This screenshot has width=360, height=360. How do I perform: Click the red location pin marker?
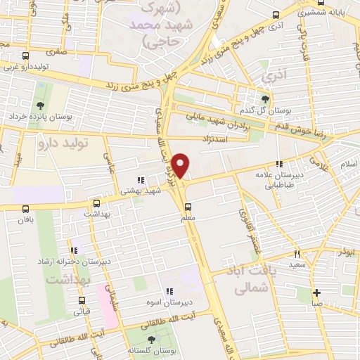pyautogui.click(x=181, y=165)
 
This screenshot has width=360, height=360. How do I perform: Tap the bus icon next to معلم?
pyautogui.click(x=188, y=207)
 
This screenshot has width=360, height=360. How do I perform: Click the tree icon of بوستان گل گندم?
pyautogui.click(x=265, y=99)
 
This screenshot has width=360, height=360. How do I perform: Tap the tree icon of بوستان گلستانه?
pyautogui.click(x=150, y=340)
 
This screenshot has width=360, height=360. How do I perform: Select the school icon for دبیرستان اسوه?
pyautogui.click(x=169, y=291)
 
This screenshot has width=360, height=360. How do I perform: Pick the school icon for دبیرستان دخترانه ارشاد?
pyautogui.click(x=75, y=250)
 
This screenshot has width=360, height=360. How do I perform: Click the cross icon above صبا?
pyautogui.click(x=317, y=292)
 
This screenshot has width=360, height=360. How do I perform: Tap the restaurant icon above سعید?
pyautogui.click(x=298, y=254)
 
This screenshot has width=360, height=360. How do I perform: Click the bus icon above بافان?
pyautogui.click(x=26, y=209)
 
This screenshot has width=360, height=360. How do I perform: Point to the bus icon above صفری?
pyautogui.click(x=26, y=56)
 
